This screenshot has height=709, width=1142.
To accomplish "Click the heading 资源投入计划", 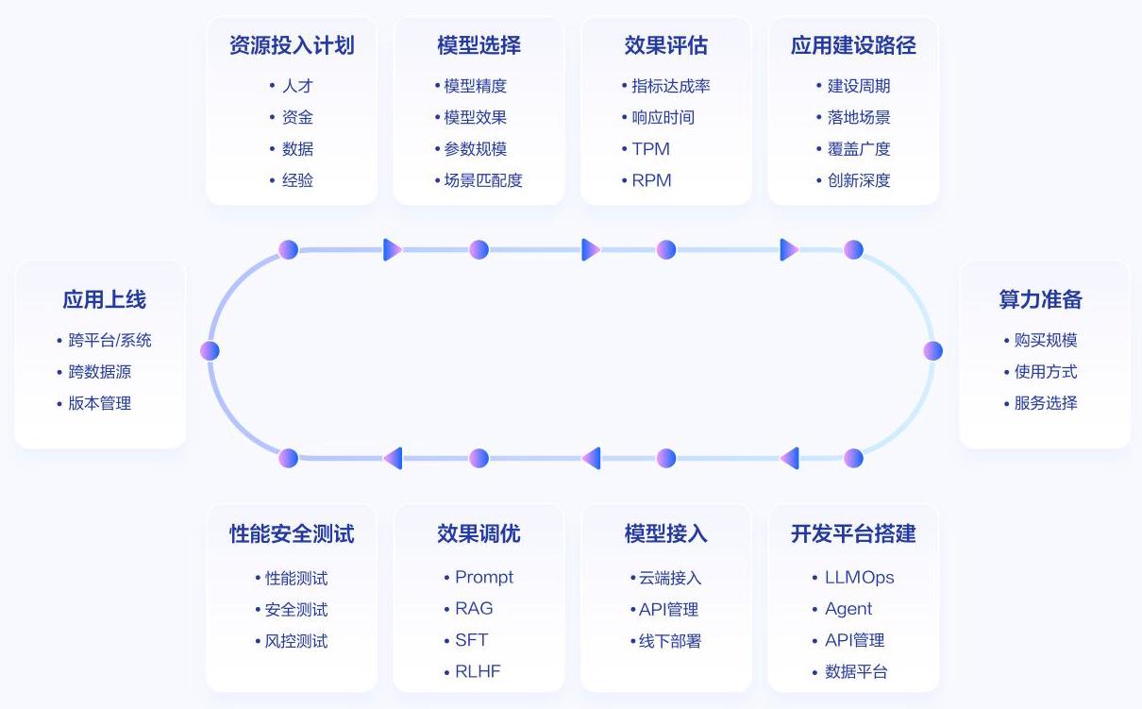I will [292, 45].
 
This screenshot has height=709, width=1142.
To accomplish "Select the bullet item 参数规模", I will [476, 149].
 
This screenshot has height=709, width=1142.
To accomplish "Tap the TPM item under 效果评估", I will [650, 149].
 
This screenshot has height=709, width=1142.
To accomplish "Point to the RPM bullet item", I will [651, 180].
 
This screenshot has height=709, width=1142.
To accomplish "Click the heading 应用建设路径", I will [853, 45].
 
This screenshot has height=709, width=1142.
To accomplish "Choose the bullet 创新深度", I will [859, 180].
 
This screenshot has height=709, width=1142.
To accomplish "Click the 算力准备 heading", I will [1041, 300].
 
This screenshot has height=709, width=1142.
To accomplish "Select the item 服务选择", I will [1046, 403].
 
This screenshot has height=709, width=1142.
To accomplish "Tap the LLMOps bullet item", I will [859, 578].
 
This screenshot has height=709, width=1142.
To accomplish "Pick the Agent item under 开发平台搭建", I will [848, 609].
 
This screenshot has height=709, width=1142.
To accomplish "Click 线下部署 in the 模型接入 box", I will [670, 641].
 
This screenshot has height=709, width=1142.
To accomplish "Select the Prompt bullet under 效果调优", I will [484, 578].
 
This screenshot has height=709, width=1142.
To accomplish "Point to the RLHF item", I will [478, 672].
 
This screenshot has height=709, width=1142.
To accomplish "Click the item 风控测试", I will [296, 641].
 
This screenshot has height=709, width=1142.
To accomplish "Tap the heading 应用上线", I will [105, 300].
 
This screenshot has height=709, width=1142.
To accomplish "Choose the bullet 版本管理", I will [99, 403].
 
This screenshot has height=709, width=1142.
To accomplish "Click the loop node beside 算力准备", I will [933, 351].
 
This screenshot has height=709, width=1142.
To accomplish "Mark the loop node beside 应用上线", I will [210, 351].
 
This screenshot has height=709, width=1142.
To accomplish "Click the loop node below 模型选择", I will [479, 250].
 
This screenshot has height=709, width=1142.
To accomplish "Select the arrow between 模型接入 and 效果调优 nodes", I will [591, 459].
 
